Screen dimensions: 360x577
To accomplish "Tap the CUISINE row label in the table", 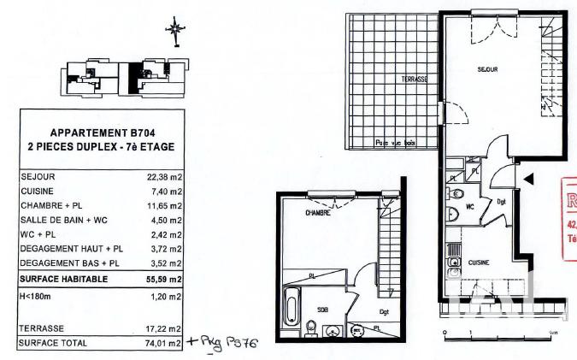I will (x=37, y=192).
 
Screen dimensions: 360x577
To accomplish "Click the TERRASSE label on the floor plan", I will (x=414, y=79).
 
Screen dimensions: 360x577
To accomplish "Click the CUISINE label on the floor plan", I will (x=477, y=263).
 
